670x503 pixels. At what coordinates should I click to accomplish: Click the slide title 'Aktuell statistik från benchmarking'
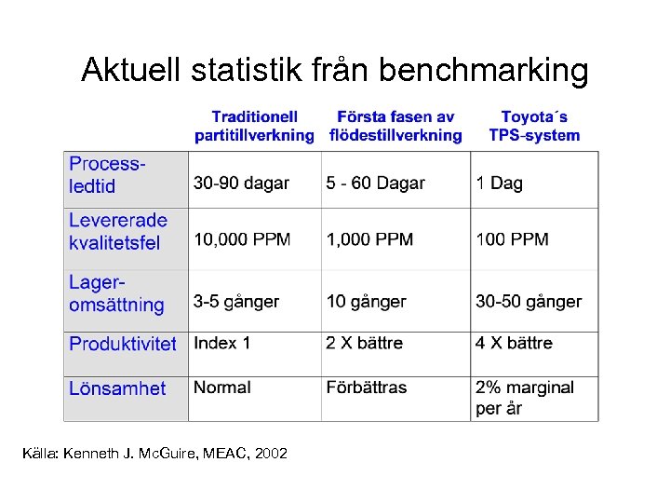pos(334,70)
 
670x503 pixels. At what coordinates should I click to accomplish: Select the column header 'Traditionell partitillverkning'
pos(254,126)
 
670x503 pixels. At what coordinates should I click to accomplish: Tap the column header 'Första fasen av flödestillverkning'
pos(395,126)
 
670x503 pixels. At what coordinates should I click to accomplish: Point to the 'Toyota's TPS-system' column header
pos(534,126)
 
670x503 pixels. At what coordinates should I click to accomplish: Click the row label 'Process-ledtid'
pos(107,175)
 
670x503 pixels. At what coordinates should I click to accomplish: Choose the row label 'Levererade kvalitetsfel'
pos(118,232)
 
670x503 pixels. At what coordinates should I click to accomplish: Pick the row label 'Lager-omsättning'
pos(116,293)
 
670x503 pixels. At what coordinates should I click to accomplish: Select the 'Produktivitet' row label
pos(123,344)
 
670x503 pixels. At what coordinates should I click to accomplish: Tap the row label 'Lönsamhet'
pos(117,388)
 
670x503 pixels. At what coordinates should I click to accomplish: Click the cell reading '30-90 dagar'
pos(241,184)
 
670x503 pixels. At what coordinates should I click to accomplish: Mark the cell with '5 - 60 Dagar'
pos(375,184)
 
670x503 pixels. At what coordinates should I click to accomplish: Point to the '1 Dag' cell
pos(499,184)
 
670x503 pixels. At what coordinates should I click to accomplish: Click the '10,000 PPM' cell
pos(242,240)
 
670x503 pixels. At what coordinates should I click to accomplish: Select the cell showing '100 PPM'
pos(512,240)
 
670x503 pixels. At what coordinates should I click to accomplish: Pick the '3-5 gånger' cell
pos(236,302)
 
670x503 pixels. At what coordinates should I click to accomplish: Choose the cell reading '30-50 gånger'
pos(529,302)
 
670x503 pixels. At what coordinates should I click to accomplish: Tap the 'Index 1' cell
pos(222,343)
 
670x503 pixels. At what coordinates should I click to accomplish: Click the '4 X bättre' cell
pos(514,343)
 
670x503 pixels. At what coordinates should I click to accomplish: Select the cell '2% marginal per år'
pos(525,398)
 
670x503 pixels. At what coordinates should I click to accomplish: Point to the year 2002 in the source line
pos(270,454)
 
